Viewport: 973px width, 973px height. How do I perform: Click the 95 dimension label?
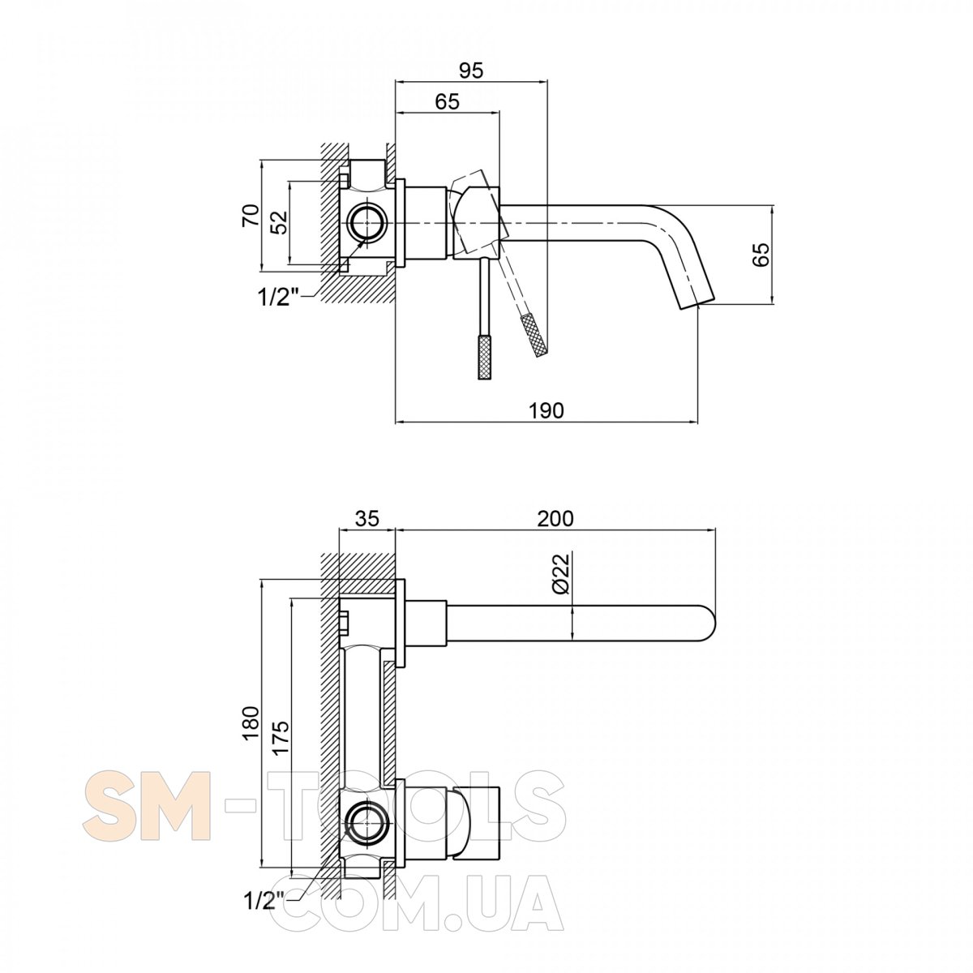[470, 71]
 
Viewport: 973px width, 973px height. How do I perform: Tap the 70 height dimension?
[251, 216]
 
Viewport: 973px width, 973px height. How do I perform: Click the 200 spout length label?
[555, 519]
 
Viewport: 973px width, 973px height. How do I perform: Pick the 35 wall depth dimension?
[367, 519]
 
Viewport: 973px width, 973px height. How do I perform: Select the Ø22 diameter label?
[560, 573]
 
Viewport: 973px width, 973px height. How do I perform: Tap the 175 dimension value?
[281, 738]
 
